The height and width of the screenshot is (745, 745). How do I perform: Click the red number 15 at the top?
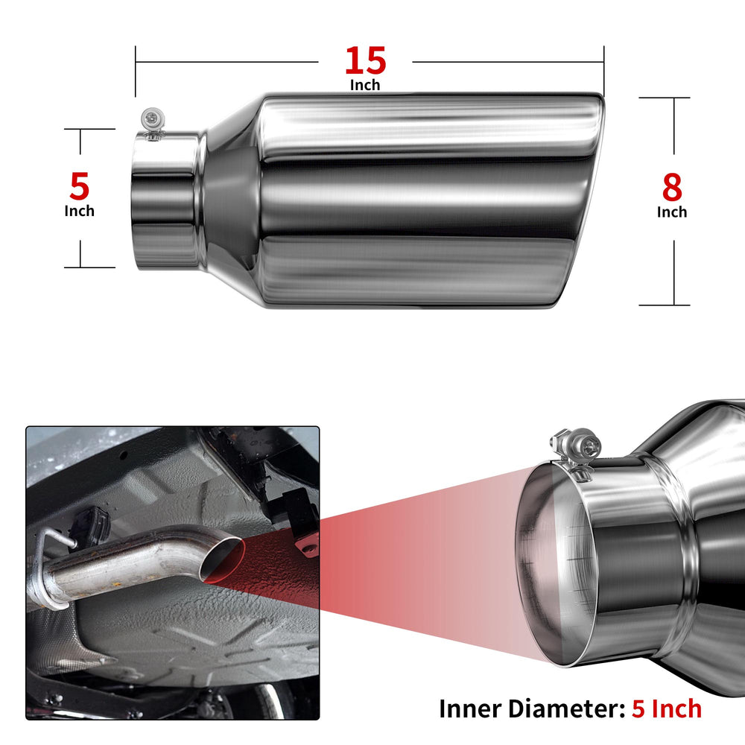(x=365, y=61)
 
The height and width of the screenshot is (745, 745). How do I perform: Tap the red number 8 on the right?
(x=672, y=187)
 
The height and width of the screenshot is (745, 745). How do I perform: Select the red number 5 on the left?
(x=80, y=186)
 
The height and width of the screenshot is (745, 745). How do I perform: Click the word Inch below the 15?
(x=365, y=85)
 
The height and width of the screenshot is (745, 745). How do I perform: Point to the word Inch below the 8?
(x=672, y=212)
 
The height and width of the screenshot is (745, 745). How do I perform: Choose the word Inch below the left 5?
(x=80, y=211)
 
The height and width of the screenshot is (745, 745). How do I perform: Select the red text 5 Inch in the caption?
(x=667, y=709)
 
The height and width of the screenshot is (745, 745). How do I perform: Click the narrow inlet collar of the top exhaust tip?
(x=165, y=201)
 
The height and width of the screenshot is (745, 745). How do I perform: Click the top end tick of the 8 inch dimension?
(x=665, y=98)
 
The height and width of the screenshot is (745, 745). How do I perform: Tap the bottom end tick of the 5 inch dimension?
(x=89, y=267)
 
